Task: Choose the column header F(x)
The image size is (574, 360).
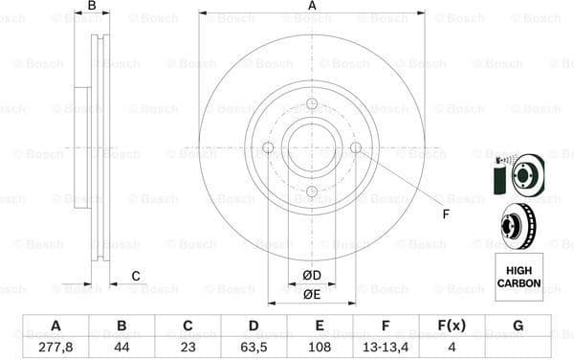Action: [452, 326]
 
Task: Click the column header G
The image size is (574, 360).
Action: [518, 326]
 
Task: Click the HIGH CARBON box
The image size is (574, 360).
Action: [519, 272]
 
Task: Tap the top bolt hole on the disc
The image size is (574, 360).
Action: [312, 104]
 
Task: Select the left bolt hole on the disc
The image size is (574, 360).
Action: [268, 147]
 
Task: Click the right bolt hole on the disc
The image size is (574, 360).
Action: [356, 147]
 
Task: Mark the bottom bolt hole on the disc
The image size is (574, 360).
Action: [312, 191]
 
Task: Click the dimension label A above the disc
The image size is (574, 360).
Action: [312, 7]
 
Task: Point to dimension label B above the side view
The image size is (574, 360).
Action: [92, 7]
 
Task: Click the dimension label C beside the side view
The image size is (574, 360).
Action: [136, 276]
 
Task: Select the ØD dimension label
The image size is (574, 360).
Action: [312, 276]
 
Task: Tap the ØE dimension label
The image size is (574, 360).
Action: [312, 294]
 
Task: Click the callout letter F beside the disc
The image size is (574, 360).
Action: [446, 214]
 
